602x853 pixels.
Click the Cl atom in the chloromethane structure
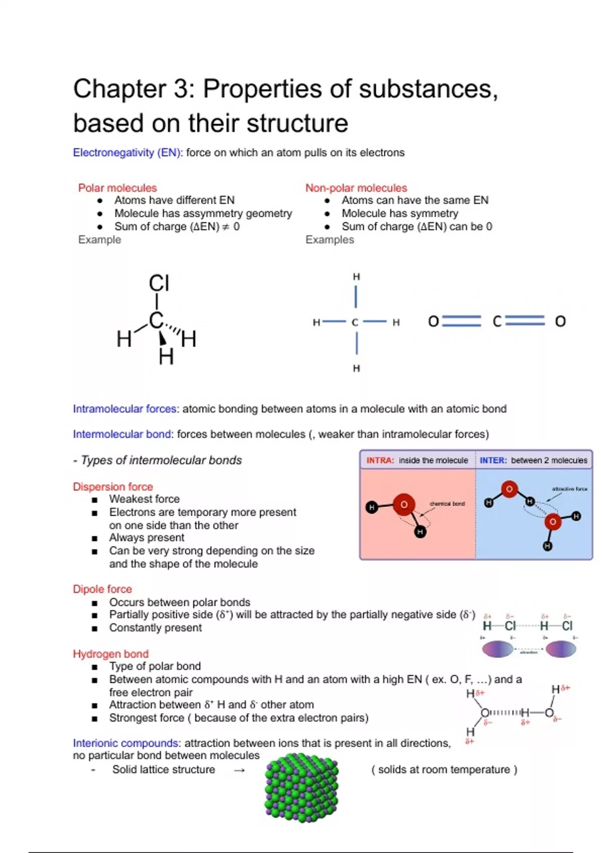[159, 283]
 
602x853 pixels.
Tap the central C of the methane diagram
[355, 323]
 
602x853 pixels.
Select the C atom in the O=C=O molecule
[497, 321]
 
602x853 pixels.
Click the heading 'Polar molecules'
[117, 188]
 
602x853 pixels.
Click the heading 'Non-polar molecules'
[356, 188]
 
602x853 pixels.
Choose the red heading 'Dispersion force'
[113, 487]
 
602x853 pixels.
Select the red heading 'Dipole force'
[102, 589]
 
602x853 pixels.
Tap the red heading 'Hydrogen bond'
[111, 654]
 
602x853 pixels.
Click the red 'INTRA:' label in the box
[380, 461]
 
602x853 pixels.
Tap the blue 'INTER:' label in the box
[493, 461]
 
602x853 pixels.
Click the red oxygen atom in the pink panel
[404, 504]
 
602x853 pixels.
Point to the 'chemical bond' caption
[447, 504]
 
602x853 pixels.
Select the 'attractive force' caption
[569, 489]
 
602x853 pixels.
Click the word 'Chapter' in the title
[119, 89]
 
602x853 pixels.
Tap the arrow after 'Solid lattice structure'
[239, 770]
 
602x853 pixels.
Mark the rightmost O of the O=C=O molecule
[560, 321]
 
